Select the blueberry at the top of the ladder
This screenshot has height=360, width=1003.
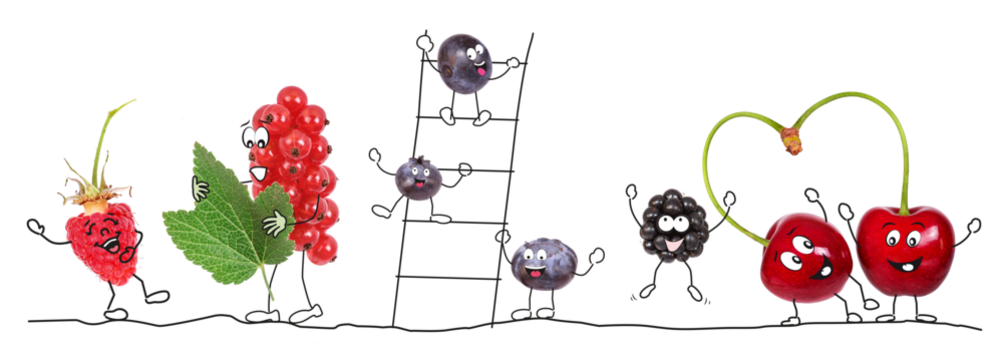[464, 65]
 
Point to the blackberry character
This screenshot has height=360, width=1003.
[672, 226]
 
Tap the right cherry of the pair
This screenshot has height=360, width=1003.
[904, 246]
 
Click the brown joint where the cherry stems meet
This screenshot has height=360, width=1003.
[793, 141]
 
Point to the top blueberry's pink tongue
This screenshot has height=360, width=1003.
[480, 72]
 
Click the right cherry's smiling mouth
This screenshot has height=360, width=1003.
[907, 265]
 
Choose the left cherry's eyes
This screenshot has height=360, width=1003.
[796, 255]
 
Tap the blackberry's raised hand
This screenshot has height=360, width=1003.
[632, 192]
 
